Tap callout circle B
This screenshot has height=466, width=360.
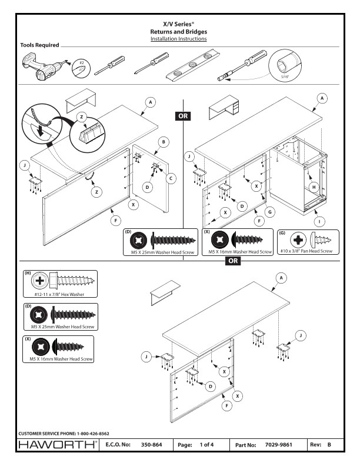pos(164,142)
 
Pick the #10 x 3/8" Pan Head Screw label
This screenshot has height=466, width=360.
pos(306,251)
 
